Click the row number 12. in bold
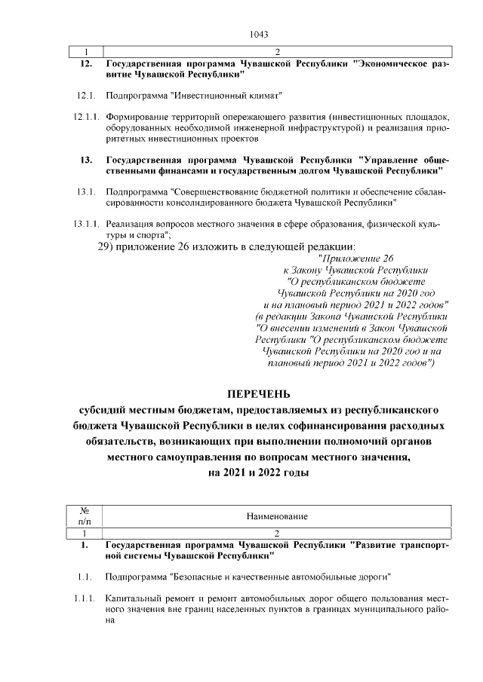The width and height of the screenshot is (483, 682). click(86, 65)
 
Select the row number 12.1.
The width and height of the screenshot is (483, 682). click(85, 96)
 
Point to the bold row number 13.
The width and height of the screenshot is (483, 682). click(86, 160)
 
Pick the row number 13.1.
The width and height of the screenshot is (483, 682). click(85, 192)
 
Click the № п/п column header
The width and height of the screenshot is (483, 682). click(84, 516)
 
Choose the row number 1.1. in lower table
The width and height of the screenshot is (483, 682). click(84, 577)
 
